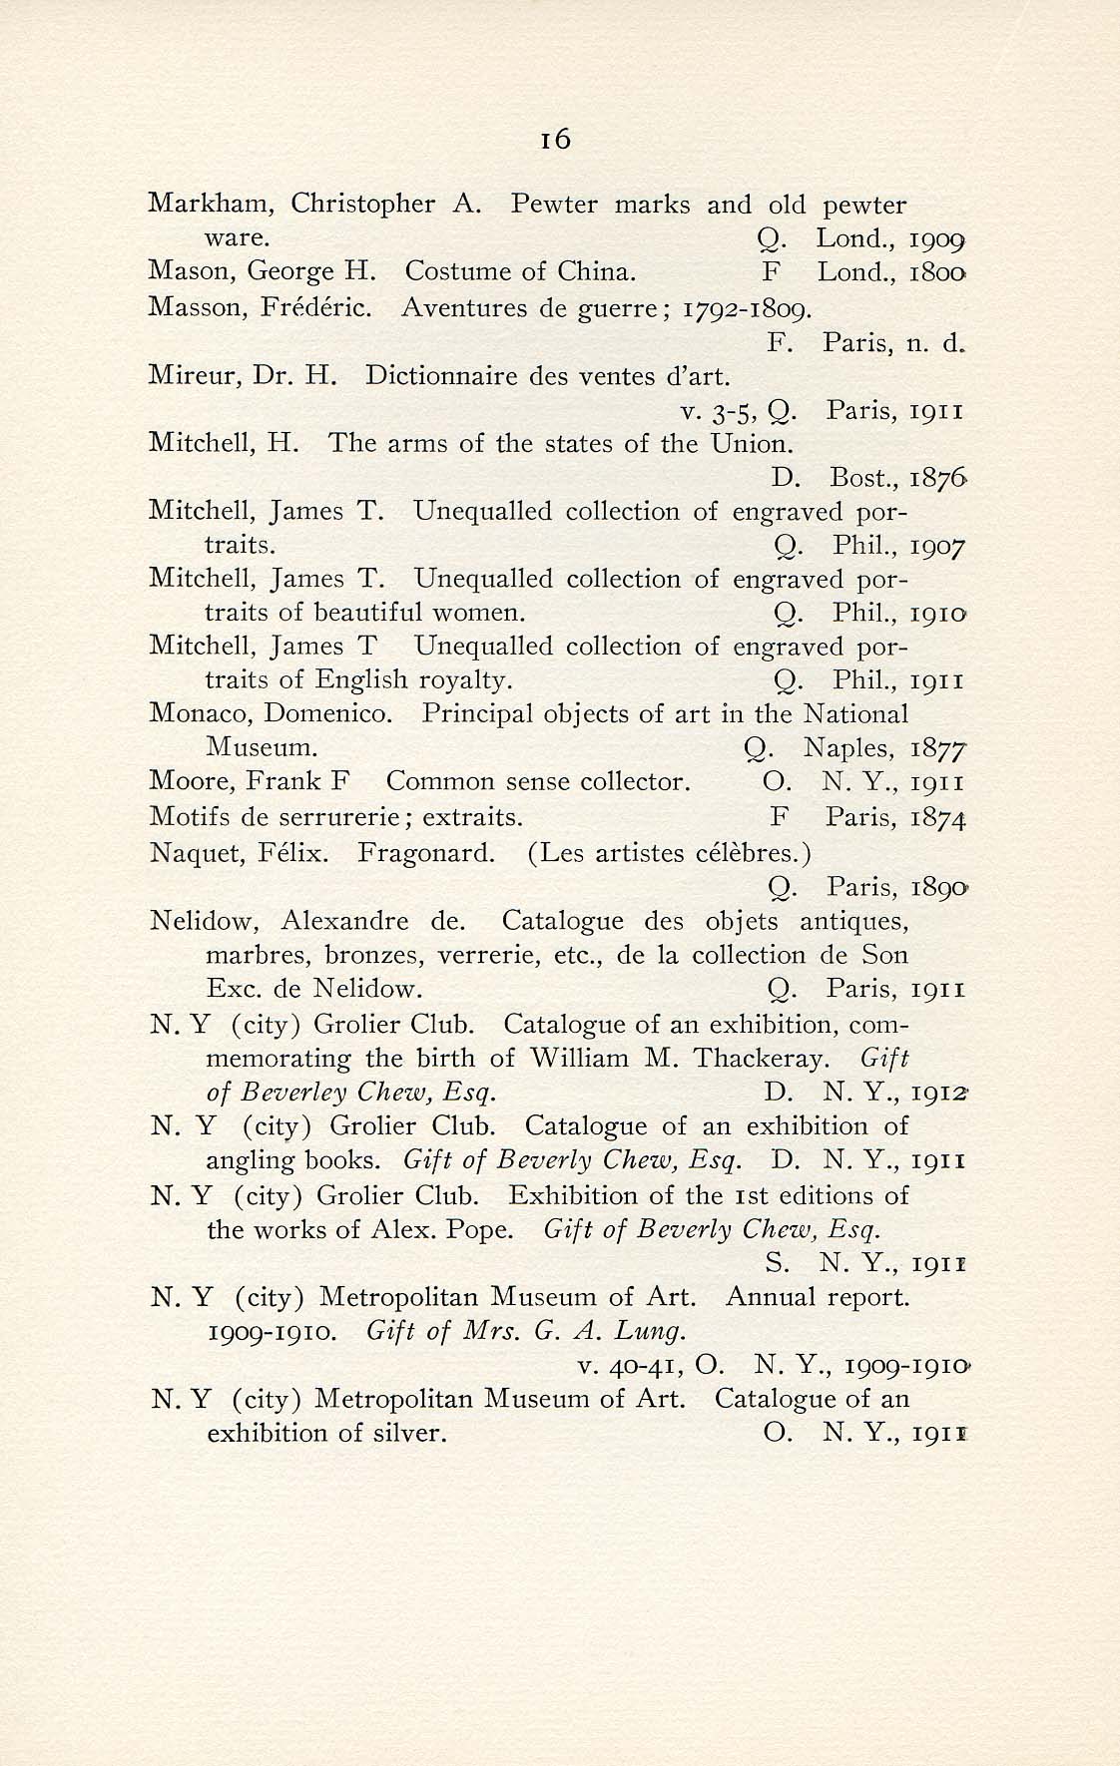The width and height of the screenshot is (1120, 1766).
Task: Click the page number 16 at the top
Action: point(555,140)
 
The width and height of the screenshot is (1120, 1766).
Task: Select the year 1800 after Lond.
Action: point(938,272)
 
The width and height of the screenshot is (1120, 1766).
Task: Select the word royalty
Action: point(461,681)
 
